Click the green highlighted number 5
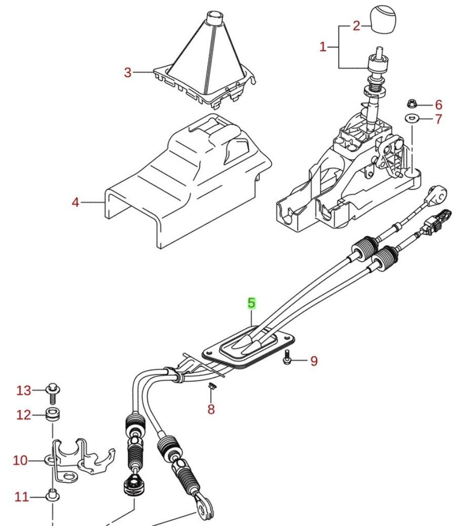[251, 303]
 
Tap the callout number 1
[323, 47]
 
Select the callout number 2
[356, 25]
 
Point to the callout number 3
[128, 72]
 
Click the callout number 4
[76, 202]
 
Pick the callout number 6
[438, 105]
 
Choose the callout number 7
[438, 120]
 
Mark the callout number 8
[211, 409]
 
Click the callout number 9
[314, 361]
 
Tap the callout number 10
[20, 461]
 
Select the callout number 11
[21, 497]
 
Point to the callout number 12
[24, 415]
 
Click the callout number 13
[24, 391]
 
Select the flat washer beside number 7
[412, 117]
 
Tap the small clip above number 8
[211, 388]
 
